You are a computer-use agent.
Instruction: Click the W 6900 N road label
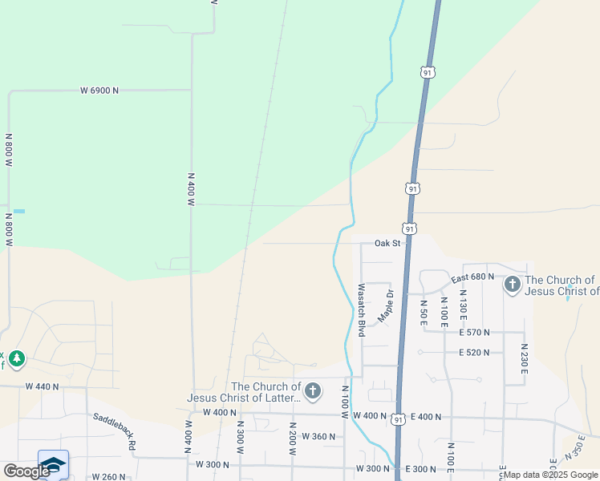pyautogui.click(x=99, y=91)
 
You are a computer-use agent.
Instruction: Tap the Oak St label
pyautogui.click(x=387, y=243)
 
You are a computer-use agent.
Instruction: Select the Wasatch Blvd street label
pyautogui.click(x=362, y=309)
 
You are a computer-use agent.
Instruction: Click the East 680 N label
pyautogui.click(x=472, y=277)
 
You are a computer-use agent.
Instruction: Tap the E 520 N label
pyautogui.click(x=474, y=353)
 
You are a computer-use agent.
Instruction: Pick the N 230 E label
pyautogui.click(x=524, y=360)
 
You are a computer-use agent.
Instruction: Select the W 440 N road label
pyautogui.click(x=43, y=386)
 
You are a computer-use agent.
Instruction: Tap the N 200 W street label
pyautogui.click(x=293, y=437)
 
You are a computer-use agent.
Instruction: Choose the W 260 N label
pyautogui.click(x=108, y=477)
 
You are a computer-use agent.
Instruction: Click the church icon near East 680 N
pyautogui.click(x=512, y=284)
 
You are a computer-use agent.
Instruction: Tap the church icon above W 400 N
pyautogui.click(x=313, y=391)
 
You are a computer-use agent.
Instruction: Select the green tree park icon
pyautogui.click(x=17, y=357)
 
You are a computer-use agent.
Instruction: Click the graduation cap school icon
pyautogui.click(x=53, y=465)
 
